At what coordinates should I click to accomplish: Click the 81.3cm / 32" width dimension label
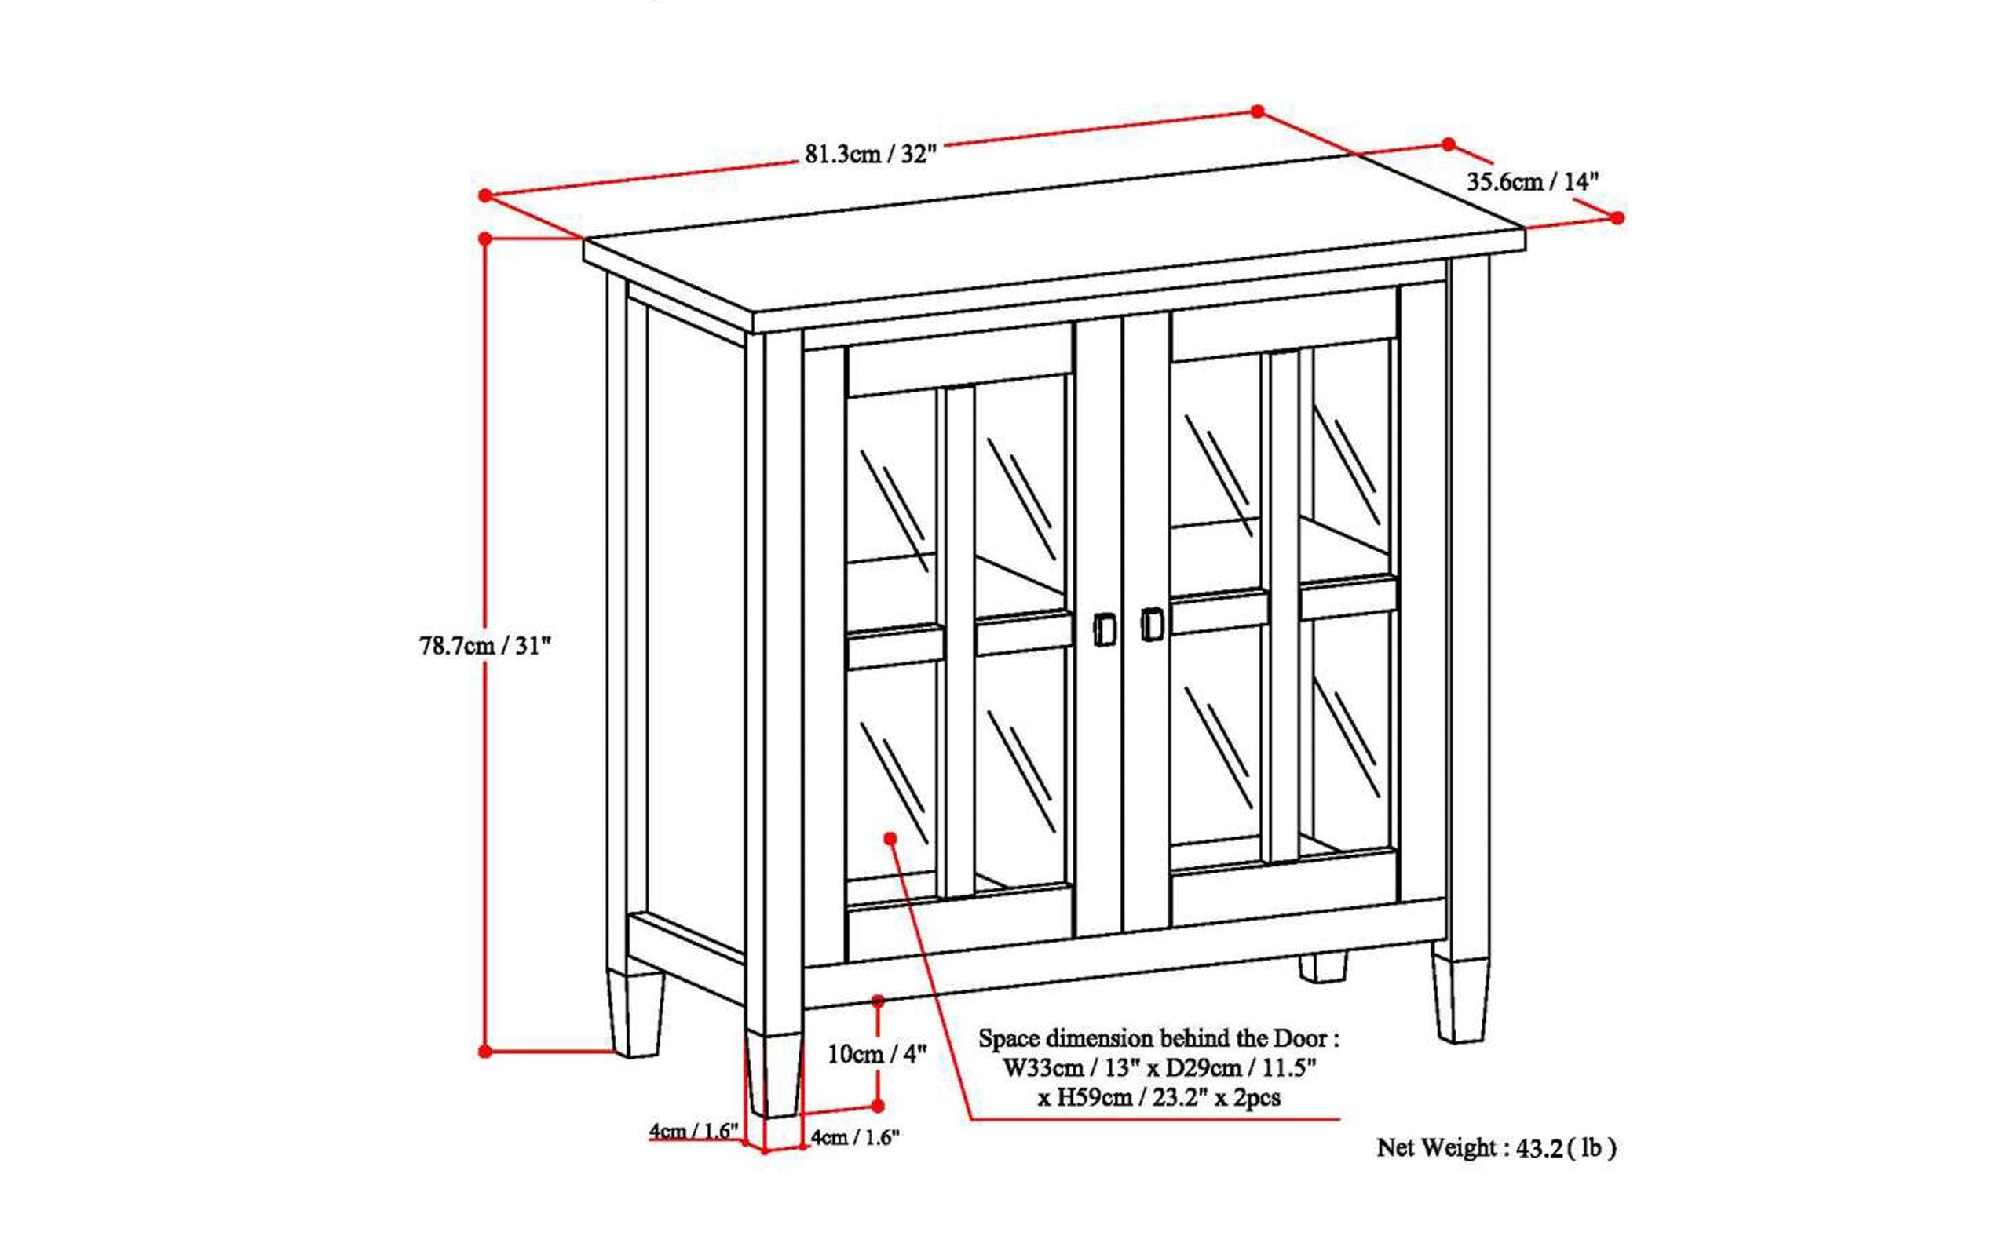coord(871,155)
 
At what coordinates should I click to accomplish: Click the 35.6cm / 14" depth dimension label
coord(1533,182)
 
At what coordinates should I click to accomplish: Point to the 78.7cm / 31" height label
coord(485,646)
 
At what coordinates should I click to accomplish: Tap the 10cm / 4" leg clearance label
coord(876,1054)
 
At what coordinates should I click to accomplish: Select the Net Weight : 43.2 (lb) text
coord(1496,1148)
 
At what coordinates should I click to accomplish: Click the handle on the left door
coord(1105,629)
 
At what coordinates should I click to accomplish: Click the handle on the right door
coord(1152,624)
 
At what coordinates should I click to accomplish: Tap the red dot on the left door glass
coord(890,838)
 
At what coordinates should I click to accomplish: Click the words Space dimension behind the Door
coord(1159,1038)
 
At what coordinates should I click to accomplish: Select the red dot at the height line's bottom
coord(485,1052)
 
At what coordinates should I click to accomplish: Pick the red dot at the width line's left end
coord(484,195)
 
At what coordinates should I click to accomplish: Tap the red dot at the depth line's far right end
coord(1617,217)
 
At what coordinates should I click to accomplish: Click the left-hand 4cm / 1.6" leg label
coord(694,1132)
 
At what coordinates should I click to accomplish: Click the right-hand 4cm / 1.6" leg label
coord(856,1137)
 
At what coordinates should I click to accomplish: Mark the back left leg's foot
coord(637,1017)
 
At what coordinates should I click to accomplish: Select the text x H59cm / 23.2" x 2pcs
coord(1159,1097)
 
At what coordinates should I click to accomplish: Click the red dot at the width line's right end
coord(1258,111)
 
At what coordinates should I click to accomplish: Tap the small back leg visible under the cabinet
coord(1322,966)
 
